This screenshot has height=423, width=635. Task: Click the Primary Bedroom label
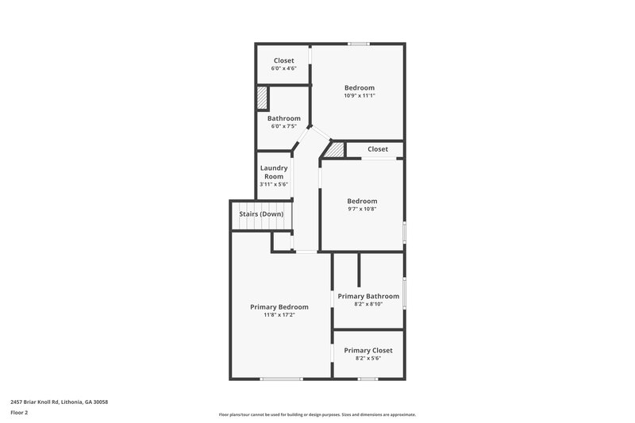point(279,307)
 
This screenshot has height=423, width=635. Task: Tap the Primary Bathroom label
point(368,296)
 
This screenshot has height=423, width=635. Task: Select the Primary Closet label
point(368,350)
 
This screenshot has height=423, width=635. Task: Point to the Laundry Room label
point(274,172)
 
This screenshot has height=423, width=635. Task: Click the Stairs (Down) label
point(261,214)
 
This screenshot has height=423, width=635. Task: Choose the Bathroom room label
point(283,118)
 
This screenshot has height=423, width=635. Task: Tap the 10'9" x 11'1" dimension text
point(360,95)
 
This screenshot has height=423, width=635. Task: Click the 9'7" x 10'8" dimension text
point(362,209)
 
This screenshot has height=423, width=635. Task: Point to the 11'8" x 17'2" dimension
point(279,315)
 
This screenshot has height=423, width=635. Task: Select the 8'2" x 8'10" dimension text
point(368,304)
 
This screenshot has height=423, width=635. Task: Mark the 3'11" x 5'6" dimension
point(274,184)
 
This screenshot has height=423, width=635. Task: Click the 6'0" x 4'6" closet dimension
point(283,68)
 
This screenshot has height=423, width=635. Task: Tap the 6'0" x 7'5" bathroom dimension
point(283,125)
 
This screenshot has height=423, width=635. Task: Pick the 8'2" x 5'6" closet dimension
point(368,358)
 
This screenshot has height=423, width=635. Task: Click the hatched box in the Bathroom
point(261,98)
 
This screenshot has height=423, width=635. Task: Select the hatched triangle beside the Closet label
point(337,150)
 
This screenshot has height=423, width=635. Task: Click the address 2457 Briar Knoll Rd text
point(60,402)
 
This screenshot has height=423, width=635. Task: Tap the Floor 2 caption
point(19,413)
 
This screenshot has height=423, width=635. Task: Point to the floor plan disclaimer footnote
point(317,414)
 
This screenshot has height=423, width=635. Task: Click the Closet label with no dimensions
point(378,149)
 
